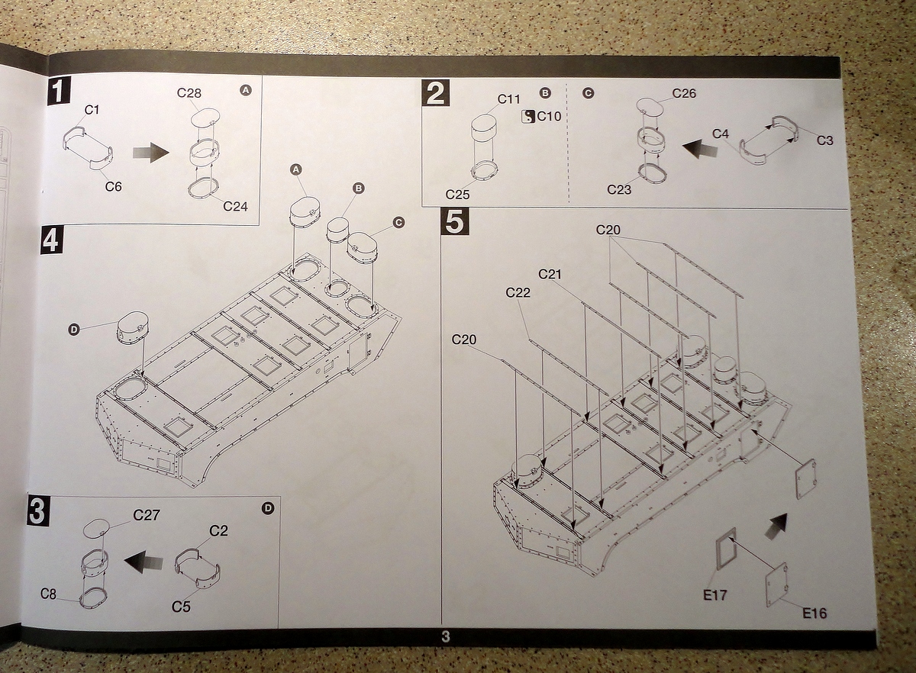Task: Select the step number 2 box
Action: tap(435, 94)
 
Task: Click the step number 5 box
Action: tap(453, 221)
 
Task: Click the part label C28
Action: tap(189, 93)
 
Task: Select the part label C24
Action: tap(235, 206)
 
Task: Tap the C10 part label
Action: tap(548, 116)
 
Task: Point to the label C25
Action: tap(457, 195)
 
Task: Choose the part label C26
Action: tap(684, 94)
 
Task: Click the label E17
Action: tap(715, 595)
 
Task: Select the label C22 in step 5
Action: tap(518, 293)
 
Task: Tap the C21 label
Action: tap(550, 274)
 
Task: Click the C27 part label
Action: tap(146, 515)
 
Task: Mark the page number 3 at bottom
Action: tap(446, 637)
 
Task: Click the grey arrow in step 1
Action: tap(150, 152)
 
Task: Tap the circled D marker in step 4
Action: tap(74, 330)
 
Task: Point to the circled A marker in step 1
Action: tap(245, 90)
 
